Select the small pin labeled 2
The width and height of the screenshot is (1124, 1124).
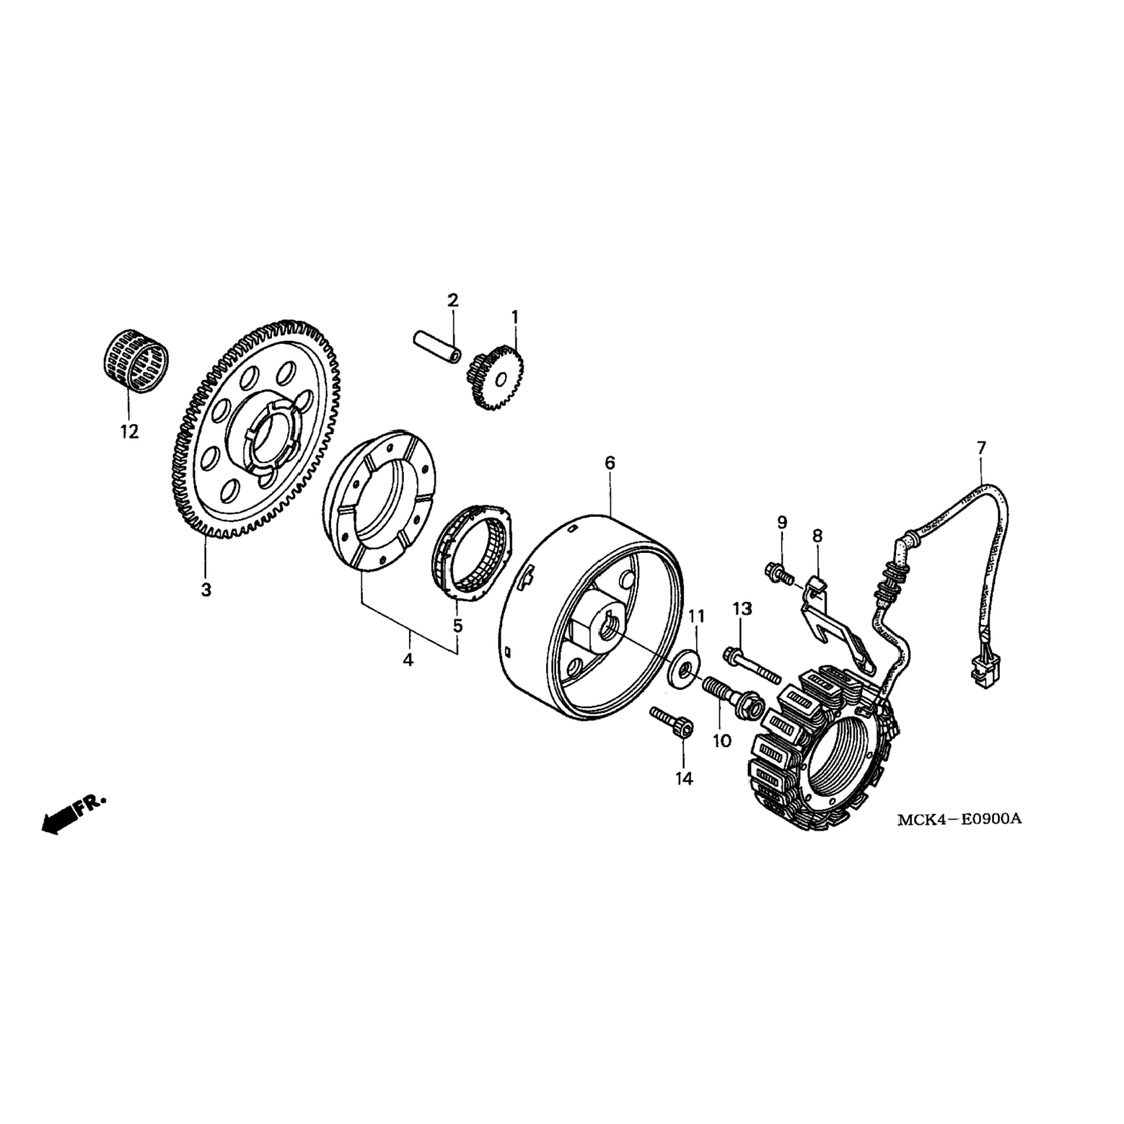pos(435,345)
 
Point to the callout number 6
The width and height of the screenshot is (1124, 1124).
pos(609,462)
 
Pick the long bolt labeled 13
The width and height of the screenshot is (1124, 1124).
pos(752,666)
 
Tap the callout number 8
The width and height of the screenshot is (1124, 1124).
pos(817,536)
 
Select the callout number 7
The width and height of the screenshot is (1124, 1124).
pos(982,447)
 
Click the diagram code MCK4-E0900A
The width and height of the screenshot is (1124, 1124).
pos(960,818)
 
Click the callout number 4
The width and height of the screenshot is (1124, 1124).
pos(408,660)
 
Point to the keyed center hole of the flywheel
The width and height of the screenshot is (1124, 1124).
pos(608,623)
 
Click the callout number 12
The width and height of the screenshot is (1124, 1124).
pos(129,432)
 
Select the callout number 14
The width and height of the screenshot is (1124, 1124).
pos(683,779)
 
